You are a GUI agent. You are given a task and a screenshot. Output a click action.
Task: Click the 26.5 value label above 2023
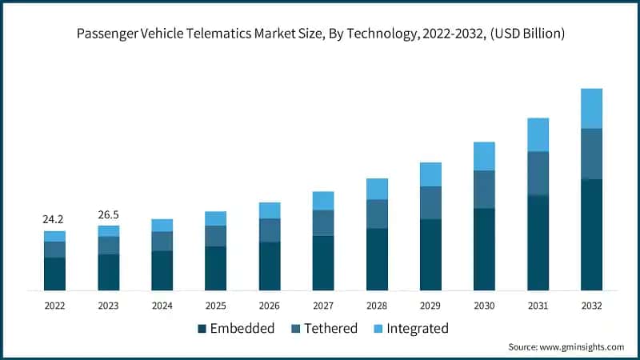(x=109, y=214)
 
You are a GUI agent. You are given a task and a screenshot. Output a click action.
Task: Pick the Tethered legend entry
(x=330, y=328)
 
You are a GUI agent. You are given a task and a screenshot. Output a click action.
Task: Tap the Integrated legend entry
(x=416, y=328)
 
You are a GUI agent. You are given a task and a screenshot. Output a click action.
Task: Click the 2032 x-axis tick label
(x=591, y=306)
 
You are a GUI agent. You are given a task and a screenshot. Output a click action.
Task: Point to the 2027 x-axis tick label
(x=322, y=306)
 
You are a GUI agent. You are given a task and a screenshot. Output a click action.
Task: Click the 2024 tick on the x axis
(x=162, y=306)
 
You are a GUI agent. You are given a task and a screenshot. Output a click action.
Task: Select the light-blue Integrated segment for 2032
(x=591, y=108)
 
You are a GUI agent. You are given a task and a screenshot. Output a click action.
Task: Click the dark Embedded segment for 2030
(x=484, y=249)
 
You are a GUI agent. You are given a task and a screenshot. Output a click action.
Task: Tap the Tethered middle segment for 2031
(x=538, y=173)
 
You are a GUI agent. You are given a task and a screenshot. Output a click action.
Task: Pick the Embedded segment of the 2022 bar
(x=54, y=274)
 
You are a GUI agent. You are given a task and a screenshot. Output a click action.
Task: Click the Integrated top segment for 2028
(x=377, y=189)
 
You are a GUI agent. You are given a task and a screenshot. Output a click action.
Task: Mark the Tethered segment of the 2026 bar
(x=270, y=230)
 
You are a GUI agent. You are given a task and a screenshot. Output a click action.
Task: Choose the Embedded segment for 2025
(x=215, y=268)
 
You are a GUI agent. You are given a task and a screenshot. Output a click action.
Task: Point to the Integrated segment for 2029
(x=430, y=174)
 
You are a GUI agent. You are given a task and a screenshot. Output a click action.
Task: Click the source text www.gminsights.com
(x=582, y=346)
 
